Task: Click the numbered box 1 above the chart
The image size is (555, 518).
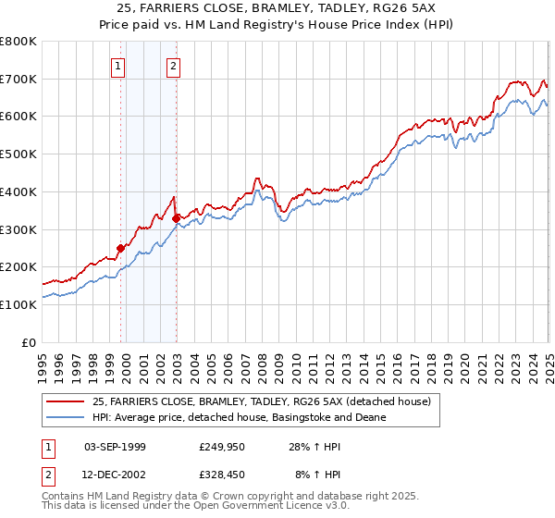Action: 118,66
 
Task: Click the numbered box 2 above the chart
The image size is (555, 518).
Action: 174,66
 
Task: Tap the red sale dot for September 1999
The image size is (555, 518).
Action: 120,248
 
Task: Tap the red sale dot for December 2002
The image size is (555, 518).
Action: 176,218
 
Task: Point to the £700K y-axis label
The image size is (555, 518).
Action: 18,79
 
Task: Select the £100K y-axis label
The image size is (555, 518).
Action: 18,304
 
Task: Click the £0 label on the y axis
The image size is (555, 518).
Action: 30,342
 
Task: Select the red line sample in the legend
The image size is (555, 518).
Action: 66,401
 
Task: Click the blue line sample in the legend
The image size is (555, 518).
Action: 66,417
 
